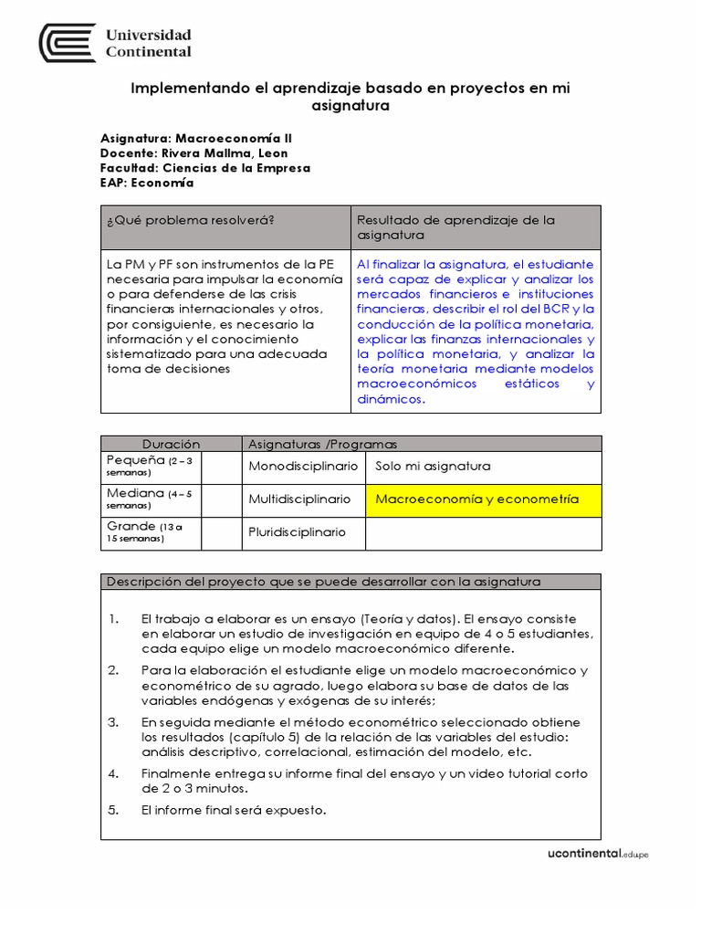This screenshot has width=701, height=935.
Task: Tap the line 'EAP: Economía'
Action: point(147,182)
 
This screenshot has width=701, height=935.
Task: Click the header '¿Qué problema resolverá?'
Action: point(191,220)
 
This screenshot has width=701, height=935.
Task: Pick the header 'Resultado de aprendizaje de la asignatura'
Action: point(455,227)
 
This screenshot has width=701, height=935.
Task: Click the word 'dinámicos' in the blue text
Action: point(390,399)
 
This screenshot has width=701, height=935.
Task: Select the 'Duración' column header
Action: point(171,444)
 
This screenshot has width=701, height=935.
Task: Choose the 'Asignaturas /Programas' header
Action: point(323,444)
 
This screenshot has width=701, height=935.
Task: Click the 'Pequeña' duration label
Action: point(136,459)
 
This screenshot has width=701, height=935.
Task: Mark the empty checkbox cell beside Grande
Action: point(221,533)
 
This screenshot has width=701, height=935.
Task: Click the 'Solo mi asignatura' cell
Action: point(433,467)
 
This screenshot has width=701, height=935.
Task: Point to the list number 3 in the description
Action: point(113,722)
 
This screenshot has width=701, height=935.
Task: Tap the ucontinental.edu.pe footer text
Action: point(597,854)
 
